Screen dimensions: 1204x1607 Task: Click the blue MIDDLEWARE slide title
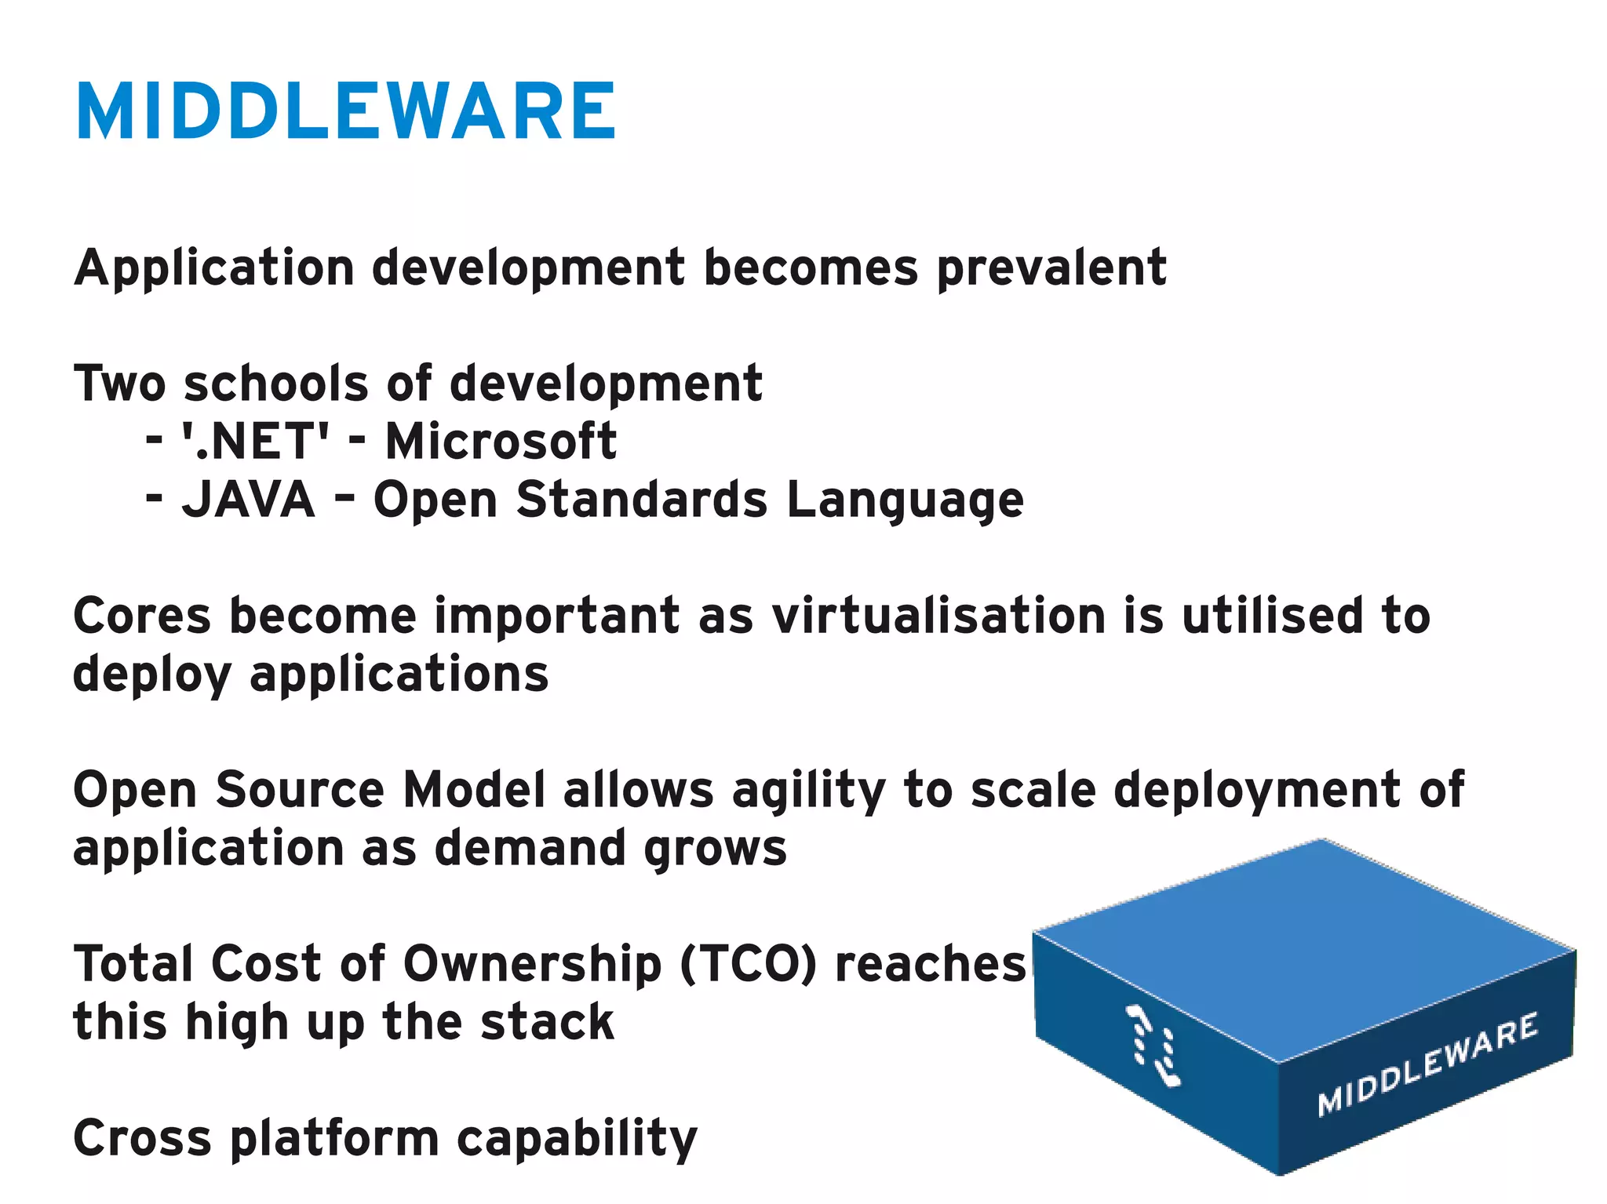[346, 111]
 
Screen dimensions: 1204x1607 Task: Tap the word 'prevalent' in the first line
[1051, 268]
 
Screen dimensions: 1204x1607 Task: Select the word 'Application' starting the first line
[214, 268]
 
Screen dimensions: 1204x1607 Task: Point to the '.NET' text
[256, 441]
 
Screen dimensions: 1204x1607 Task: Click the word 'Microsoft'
[501, 441]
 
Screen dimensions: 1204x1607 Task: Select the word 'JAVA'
[248, 499]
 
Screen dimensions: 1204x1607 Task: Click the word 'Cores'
[142, 616]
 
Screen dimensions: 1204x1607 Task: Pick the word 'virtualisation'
[938, 616]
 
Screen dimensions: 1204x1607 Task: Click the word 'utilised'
[1272, 616]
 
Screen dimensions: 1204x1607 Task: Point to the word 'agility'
[808, 791]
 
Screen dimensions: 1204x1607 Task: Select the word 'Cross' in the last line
[142, 1138]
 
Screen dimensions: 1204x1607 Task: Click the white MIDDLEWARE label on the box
[1427, 1064]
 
